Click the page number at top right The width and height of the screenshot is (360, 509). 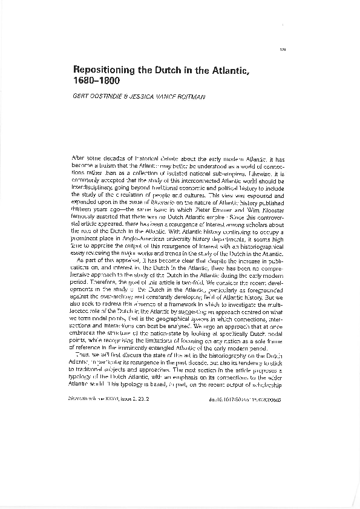click(283, 49)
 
